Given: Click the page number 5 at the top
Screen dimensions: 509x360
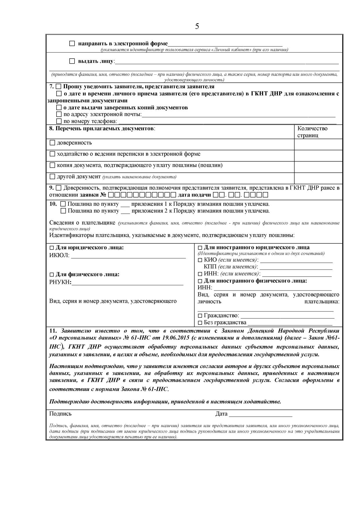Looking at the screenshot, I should coord(197,26).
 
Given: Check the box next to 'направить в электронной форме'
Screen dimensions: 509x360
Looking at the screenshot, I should coord(72,44).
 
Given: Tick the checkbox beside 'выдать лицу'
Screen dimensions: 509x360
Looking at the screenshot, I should coord(72,61).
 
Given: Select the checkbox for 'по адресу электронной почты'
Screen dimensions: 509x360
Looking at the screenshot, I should coord(59,114).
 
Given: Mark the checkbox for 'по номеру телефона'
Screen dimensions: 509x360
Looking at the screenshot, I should coord(59,121).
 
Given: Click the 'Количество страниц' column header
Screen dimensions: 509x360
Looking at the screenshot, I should coord(312,132).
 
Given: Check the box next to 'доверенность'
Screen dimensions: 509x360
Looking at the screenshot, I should coord(52,143).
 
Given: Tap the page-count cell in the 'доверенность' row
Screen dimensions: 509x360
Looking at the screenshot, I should coord(318,144).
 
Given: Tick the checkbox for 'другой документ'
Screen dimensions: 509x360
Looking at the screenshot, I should coord(52,176).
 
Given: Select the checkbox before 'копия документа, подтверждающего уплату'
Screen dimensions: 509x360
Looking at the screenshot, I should coord(52,165).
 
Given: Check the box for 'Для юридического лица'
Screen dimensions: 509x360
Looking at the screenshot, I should coord(52,248).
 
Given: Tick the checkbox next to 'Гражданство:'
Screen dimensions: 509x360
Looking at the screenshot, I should coord(200,315).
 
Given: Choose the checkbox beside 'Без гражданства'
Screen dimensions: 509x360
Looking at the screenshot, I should coord(200,323).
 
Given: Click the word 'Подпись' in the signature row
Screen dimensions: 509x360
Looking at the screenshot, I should coord(60,414).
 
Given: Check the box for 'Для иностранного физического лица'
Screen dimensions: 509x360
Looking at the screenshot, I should coord(200,281).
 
